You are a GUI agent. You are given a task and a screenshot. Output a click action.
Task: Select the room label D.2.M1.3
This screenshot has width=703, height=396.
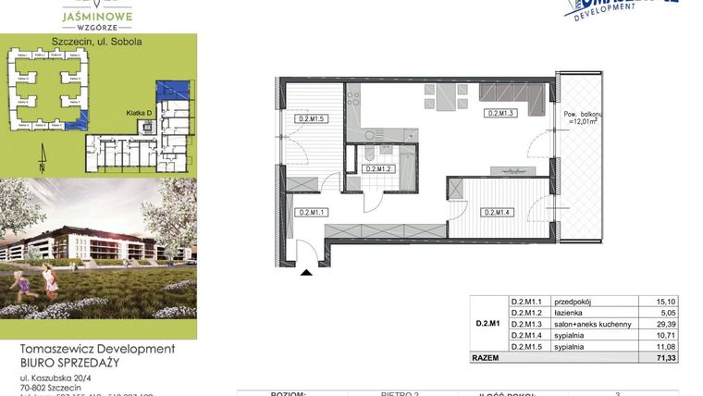[x=499, y=113]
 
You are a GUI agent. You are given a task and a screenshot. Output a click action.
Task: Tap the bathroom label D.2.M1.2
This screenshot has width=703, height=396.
[x=380, y=169]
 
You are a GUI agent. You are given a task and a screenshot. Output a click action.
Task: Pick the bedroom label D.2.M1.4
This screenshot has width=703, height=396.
[x=499, y=212]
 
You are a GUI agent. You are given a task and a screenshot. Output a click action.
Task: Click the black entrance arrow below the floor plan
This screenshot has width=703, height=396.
[x=307, y=271]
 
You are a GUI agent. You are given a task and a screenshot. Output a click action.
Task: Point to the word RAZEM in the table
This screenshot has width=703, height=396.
[x=486, y=355]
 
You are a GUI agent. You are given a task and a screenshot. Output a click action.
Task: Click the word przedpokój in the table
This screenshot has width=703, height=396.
[x=573, y=301]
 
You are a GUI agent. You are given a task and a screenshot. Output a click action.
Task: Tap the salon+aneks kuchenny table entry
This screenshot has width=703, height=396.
[x=592, y=324]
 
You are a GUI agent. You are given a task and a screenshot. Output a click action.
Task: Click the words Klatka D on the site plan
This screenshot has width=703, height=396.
[x=139, y=113]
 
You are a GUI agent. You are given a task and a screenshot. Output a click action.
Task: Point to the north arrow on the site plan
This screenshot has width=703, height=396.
[x=40, y=165]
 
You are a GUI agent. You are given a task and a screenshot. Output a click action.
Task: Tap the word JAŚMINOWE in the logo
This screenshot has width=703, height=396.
[x=97, y=15]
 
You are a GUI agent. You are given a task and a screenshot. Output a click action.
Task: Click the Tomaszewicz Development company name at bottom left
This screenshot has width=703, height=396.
[x=97, y=349]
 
